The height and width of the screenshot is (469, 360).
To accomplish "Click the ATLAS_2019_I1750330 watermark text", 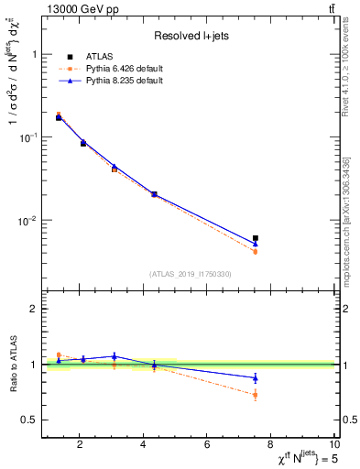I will point(191,274).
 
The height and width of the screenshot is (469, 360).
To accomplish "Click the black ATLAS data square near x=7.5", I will point(256,238).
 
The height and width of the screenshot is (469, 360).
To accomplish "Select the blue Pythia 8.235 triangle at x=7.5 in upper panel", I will point(256,244).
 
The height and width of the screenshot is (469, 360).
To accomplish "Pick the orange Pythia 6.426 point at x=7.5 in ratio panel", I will point(256,395).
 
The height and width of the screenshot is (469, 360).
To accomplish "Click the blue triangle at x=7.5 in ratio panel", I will point(256,377).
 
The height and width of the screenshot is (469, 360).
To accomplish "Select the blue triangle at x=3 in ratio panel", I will point(114,356).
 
